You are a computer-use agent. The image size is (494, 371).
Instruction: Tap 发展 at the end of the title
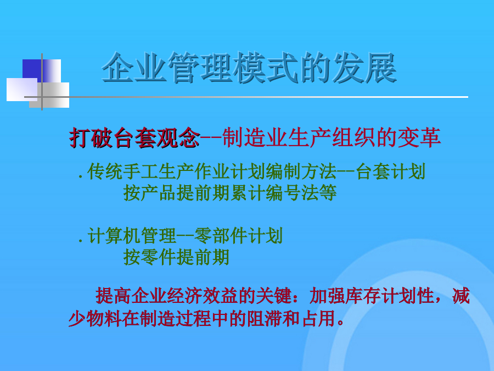click(364, 68)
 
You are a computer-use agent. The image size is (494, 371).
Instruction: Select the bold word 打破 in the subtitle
click(91, 138)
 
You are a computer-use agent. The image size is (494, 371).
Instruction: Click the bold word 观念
click(178, 138)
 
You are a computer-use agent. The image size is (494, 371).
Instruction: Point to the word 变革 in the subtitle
click(419, 138)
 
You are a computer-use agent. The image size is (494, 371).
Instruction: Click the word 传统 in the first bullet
click(105, 171)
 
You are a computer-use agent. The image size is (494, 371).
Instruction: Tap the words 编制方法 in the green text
click(301, 171)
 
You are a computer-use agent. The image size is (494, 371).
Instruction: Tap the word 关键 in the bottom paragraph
click(274, 296)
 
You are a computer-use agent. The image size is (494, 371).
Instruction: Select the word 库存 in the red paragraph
click(363, 296)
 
